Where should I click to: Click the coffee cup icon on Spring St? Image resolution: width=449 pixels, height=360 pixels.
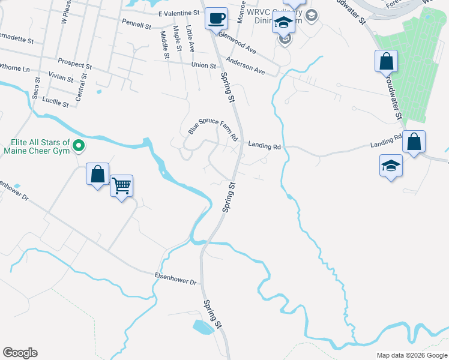[x=216, y=18]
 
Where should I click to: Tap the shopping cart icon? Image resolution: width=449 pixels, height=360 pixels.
[x=122, y=186]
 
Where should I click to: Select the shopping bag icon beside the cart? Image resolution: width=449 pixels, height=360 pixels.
[x=98, y=175]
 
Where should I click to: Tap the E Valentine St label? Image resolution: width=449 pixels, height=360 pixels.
[x=179, y=13]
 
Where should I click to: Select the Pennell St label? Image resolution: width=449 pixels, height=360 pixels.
[x=136, y=26]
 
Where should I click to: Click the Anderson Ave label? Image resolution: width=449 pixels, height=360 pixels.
[x=245, y=66]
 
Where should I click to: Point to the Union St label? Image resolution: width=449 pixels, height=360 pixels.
[x=203, y=65]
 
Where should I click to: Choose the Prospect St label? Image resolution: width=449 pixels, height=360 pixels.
[x=74, y=62]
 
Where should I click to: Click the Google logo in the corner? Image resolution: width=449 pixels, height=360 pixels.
[x=20, y=353]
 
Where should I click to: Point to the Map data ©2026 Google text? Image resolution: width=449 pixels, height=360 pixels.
[x=411, y=355]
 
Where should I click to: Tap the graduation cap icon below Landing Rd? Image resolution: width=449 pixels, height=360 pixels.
[x=391, y=165]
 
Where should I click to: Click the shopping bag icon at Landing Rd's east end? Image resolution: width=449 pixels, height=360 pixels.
[x=414, y=142]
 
